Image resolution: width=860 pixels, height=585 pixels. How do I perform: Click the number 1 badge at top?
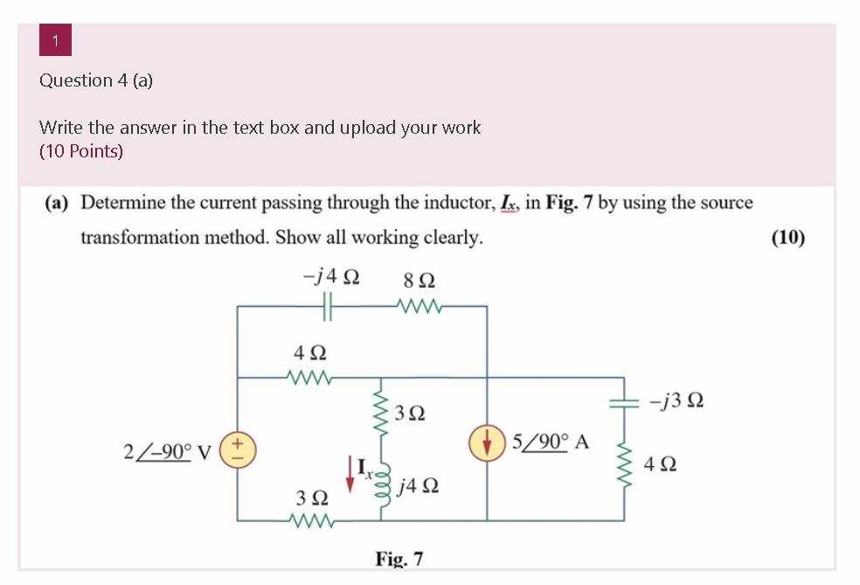tap(55, 41)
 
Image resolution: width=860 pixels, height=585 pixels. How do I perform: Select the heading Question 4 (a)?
tap(96, 80)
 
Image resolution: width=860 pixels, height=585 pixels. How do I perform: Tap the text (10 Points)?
tap(81, 151)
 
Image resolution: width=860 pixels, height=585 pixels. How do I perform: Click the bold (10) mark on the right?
tap(787, 237)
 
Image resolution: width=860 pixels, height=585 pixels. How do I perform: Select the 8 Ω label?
tap(420, 281)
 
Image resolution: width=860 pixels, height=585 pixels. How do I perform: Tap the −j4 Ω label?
tap(330, 278)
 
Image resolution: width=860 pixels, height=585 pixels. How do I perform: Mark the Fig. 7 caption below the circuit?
tap(399, 558)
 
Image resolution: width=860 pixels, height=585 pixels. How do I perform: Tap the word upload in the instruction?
tap(367, 128)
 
